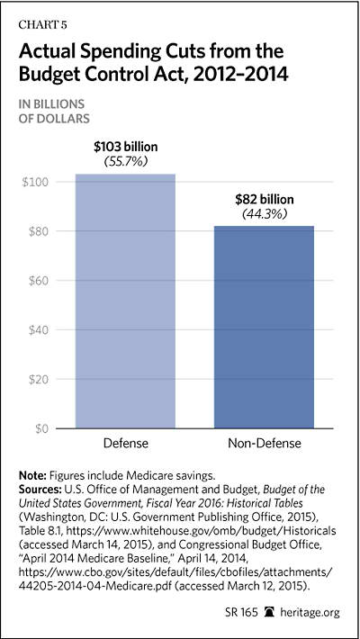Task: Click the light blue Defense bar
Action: [126, 301]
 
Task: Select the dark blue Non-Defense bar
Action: [265, 328]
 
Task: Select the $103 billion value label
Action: [126, 147]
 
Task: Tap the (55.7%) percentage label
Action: [126, 162]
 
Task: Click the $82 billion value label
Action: [265, 199]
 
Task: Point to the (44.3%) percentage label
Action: [265, 214]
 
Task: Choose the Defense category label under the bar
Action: [126, 443]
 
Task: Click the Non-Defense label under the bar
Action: [265, 443]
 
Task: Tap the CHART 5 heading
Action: [43, 25]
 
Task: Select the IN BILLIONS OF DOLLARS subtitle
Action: [51, 111]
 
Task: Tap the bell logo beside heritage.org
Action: [269, 612]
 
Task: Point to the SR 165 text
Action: [242, 612]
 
